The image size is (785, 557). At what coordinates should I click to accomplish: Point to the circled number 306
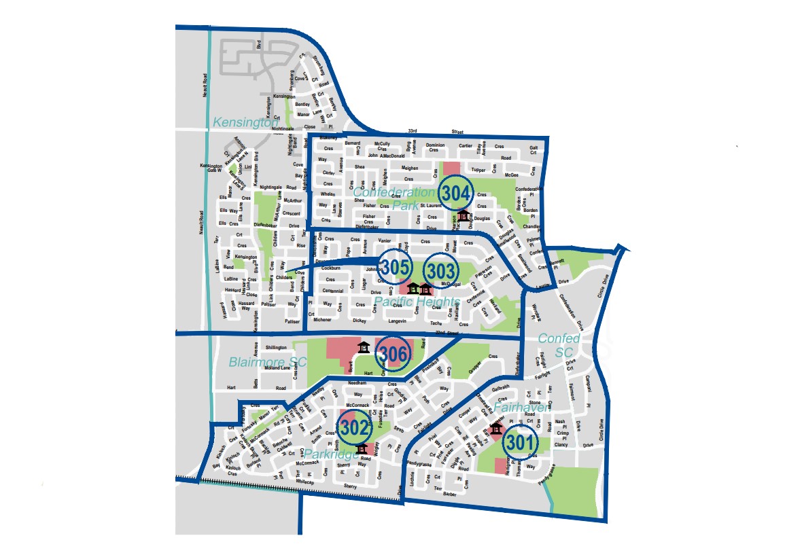pyautogui.click(x=394, y=354)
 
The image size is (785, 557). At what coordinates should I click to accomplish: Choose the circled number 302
pyautogui.click(x=355, y=428)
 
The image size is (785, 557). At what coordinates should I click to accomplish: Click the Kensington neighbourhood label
pyautogui.click(x=246, y=122)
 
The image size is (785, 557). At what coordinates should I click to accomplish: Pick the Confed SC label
pyautogui.click(x=559, y=345)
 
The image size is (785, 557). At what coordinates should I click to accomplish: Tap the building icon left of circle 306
pyautogui.click(x=363, y=348)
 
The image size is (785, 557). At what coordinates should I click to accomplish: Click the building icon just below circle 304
pyautogui.click(x=464, y=216)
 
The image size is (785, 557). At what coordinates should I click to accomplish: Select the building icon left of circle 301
pyautogui.click(x=497, y=430)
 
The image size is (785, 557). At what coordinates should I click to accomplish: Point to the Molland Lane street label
pyautogui.click(x=275, y=367)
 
